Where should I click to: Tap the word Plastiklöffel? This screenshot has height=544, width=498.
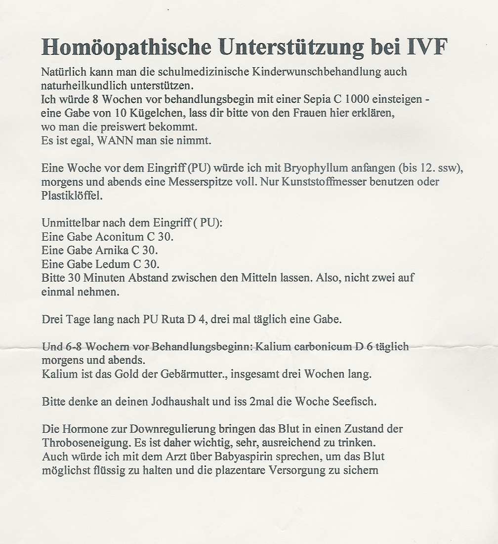pyautogui.click(x=72, y=195)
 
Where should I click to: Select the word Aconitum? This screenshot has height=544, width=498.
pyautogui.click(x=116, y=237)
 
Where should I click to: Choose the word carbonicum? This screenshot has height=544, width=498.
pyautogui.click(x=321, y=347)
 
